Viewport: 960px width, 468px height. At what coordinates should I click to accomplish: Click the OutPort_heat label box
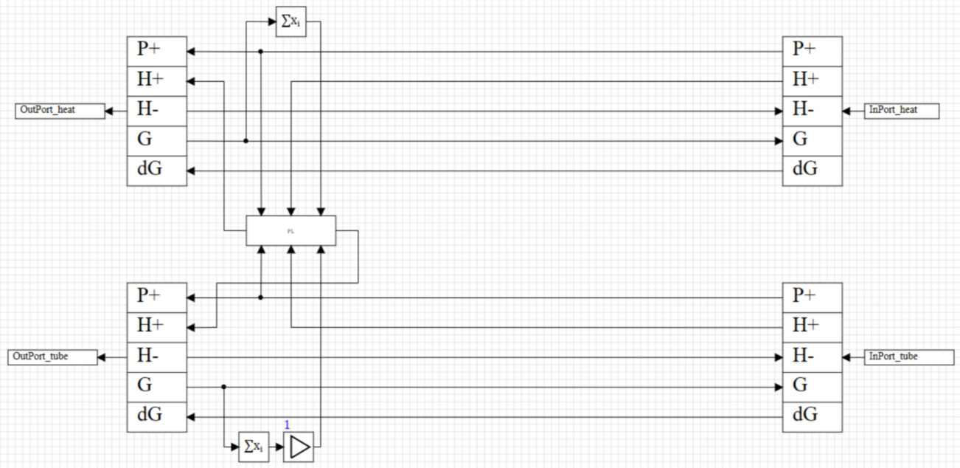(59, 111)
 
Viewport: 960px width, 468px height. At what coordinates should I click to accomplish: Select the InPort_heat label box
(902, 111)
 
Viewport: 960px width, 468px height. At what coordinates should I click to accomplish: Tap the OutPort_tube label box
(52, 357)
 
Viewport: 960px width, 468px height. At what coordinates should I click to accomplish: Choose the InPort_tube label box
(902, 357)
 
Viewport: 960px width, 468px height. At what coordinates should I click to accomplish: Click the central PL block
(291, 230)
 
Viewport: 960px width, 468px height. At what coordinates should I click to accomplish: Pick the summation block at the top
(291, 21)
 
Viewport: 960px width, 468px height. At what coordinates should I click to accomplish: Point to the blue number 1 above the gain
(287, 424)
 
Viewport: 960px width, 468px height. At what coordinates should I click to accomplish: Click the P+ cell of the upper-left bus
(156, 50)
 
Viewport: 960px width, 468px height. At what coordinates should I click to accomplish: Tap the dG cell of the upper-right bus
(812, 170)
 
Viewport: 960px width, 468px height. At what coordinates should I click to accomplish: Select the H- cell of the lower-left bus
(156, 357)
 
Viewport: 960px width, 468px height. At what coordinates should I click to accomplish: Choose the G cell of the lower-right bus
(812, 386)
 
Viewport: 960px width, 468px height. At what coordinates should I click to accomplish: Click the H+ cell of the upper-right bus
(812, 80)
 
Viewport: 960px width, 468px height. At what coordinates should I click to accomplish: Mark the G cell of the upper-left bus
(156, 140)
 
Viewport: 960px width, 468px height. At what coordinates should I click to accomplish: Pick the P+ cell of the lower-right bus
(812, 297)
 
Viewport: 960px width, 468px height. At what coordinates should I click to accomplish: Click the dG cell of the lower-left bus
(156, 416)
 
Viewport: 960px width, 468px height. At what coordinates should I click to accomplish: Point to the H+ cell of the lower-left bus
(156, 326)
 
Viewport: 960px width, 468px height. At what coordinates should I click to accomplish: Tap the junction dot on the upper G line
(246, 140)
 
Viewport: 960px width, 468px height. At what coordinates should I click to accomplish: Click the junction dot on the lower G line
(223, 386)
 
